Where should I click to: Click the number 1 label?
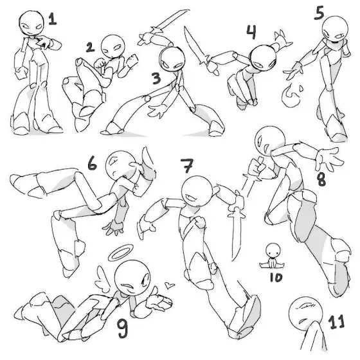(53, 19)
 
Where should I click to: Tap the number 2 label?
(90, 48)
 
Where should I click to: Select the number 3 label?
(157, 78)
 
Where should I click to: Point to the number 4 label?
(251, 32)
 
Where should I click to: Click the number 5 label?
(319, 13)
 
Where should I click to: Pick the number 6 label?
(93, 163)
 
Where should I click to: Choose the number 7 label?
(187, 165)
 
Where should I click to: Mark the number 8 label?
(321, 179)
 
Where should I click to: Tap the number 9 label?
(122, 328)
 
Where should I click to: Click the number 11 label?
(337, 321)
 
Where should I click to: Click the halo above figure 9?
(121, 253)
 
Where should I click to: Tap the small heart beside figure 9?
(170, 285)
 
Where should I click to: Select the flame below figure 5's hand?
(290, 96)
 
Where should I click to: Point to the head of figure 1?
(32, 23)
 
